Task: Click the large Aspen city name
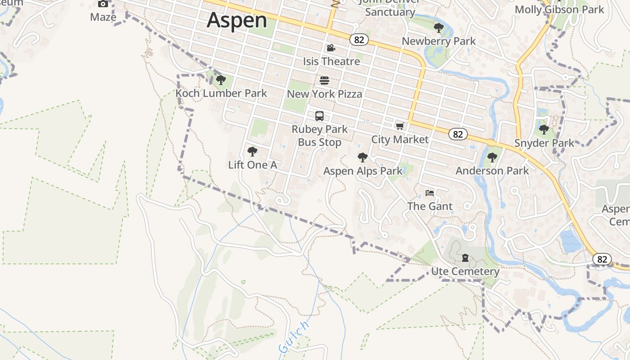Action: click(x=237, y=20)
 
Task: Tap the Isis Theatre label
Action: click(x=331, y=61)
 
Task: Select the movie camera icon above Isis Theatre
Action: click(x=331, y=48)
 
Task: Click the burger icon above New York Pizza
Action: click(x=324, y=81)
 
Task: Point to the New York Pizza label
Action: click(x=324, y=94)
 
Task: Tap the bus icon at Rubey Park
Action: click(x=319, y=116)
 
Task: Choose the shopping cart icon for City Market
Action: click(x=400, y=126)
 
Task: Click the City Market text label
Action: click(x=400, y=139)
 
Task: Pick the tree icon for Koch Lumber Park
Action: click(x=220, y=80)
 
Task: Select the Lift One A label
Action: click(x=252, y=165)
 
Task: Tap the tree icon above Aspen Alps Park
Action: click(x=362, y=157)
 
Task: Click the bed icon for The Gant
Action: click(x=430, y=193)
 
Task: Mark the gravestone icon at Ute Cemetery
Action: click(x=465, y=258)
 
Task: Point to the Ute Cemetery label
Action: click(x=465, y=271)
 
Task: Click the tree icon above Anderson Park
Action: click(x=492, y=157)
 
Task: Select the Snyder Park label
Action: click(x=544, y=143)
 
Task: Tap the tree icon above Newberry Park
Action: click(x=438, y=28)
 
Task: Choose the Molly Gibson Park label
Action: click(x=559, y=9)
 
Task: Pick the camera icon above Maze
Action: click(x=103, y=4)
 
